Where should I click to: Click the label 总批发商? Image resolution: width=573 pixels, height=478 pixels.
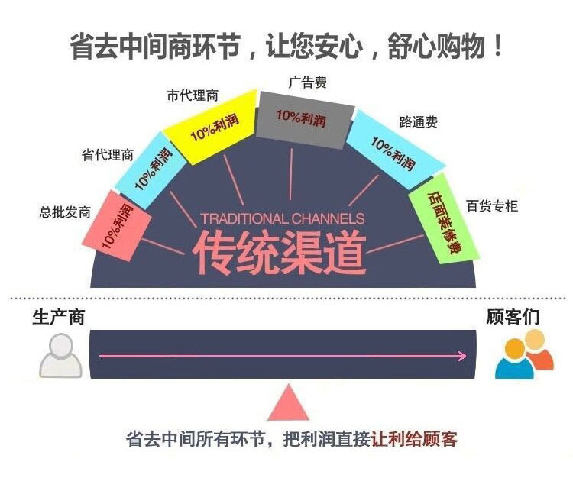65,212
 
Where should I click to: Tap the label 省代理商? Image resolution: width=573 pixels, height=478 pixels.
108,155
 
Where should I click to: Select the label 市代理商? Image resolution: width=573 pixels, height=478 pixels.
193,95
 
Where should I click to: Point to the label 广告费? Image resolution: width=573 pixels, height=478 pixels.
307,82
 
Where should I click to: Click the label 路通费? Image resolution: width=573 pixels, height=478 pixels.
419,122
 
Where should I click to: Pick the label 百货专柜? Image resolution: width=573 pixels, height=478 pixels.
492,206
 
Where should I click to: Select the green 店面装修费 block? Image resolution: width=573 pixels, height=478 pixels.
444,218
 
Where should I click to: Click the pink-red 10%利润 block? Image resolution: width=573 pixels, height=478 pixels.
117,227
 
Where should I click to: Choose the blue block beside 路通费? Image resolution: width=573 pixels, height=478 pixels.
395,150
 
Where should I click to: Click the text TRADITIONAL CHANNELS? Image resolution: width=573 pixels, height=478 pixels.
283,218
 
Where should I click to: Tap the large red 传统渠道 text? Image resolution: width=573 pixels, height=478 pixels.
279,253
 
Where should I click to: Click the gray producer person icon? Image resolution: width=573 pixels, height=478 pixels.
60,355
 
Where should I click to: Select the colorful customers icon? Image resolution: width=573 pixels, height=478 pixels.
524,354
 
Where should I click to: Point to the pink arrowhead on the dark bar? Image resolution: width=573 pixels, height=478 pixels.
462,356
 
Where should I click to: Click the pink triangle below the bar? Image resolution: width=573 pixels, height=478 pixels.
288,402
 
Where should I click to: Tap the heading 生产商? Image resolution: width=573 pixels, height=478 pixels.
59,317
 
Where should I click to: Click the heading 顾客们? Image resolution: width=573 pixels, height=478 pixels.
513,317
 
